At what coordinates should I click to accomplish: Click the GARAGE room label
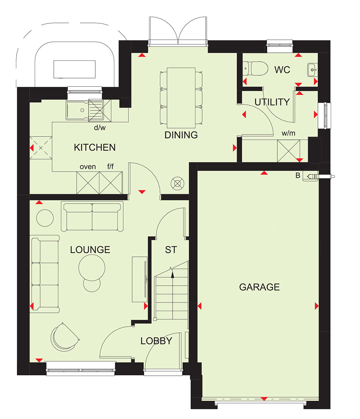[x=259, y=287]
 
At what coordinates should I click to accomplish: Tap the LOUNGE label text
[x=90, y=249]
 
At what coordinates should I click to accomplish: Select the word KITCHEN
[x=95, y=147]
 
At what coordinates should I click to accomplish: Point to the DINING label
[x=181, y=135]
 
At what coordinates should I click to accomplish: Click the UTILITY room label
[x=272, y=102]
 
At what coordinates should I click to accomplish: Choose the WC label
[x=282, y=70]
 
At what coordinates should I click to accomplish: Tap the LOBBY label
[x=156, y=341]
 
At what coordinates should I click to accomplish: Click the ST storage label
[x=171, y=249]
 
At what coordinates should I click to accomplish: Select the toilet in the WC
[x=255, y=69]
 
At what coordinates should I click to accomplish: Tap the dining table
[x=181, y=97]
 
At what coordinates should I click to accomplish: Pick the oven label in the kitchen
[x=88, y=167]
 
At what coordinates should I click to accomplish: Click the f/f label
[x=110, y=166]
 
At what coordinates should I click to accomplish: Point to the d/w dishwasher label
[x=99, y=127]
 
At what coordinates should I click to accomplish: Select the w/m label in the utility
[x=288, y=133]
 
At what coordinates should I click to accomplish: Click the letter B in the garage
[x=298, y=175]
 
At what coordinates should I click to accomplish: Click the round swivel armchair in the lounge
[x=65, y=337]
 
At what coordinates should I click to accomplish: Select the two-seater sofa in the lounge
[x=92, y=216]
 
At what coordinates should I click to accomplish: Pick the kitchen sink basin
[x=78, y=110]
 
